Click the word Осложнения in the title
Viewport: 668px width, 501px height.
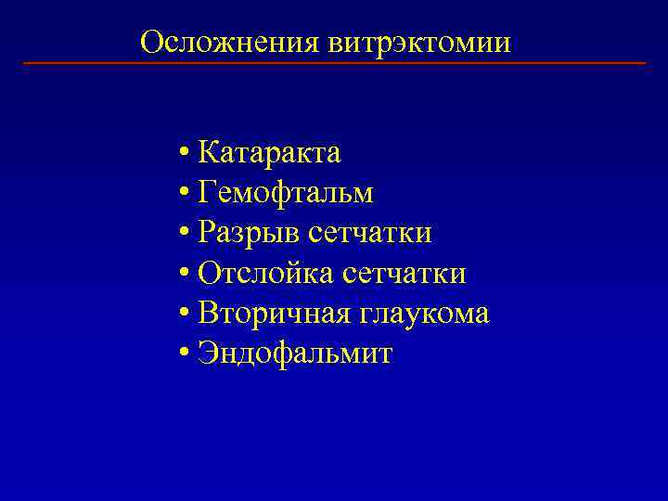click(231, 43)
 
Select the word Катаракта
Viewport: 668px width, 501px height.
click(270, 152)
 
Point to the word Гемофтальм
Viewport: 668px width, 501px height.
click(286, 193)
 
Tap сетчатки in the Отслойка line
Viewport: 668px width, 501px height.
click(404, 274)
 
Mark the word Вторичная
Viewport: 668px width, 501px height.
click(271, 314)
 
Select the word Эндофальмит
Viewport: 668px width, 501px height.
click(295, 353)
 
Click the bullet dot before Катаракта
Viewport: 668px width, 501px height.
click(186, 153)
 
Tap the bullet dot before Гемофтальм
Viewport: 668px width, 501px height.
click(186, 193)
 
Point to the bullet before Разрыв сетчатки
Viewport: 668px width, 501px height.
click(186, 234)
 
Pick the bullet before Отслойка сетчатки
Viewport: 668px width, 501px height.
click(186, 274)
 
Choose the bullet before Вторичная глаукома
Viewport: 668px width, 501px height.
click(186, 315)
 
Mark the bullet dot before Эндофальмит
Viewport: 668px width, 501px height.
click(186, 354)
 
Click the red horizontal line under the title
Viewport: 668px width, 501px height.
click(334, 63)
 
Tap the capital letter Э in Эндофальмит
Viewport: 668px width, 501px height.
click(207, 353)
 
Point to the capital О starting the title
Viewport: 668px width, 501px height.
click(150, 43)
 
